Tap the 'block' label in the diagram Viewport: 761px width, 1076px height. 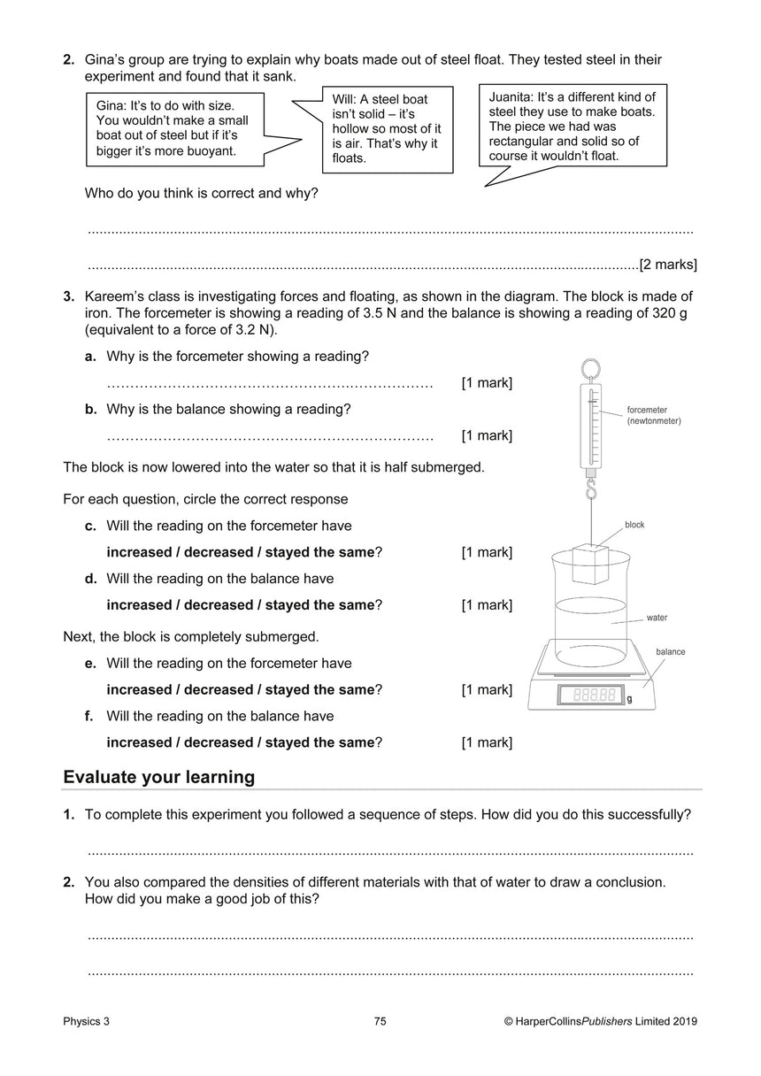(x=634, y=525)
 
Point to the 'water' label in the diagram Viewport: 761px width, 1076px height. (x=657, y=618)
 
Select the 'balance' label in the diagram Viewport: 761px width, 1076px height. (x=670, y=652)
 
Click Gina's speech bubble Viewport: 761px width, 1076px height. (x=173, y=128)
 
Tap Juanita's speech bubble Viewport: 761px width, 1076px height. (x=572, y=126)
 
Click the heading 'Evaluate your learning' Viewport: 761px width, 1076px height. (x=159, y=777)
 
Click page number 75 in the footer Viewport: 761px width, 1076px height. (x=380, y=1021)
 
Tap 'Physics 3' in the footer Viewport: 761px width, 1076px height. (x=87, y=1021)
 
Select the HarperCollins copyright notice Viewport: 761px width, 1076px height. (x=600, y=1021)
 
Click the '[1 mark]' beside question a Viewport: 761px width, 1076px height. (x=487, y=383)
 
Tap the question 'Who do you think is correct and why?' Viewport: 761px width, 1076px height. (x=201, y=192)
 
